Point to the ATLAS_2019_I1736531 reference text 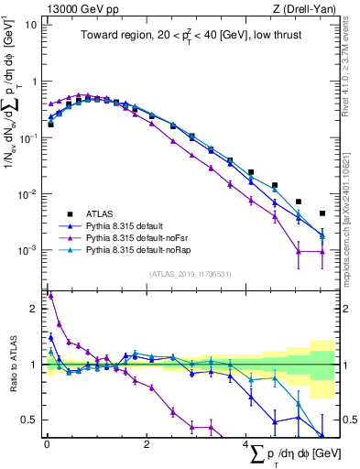(190, 274)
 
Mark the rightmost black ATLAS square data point (322, 213)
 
